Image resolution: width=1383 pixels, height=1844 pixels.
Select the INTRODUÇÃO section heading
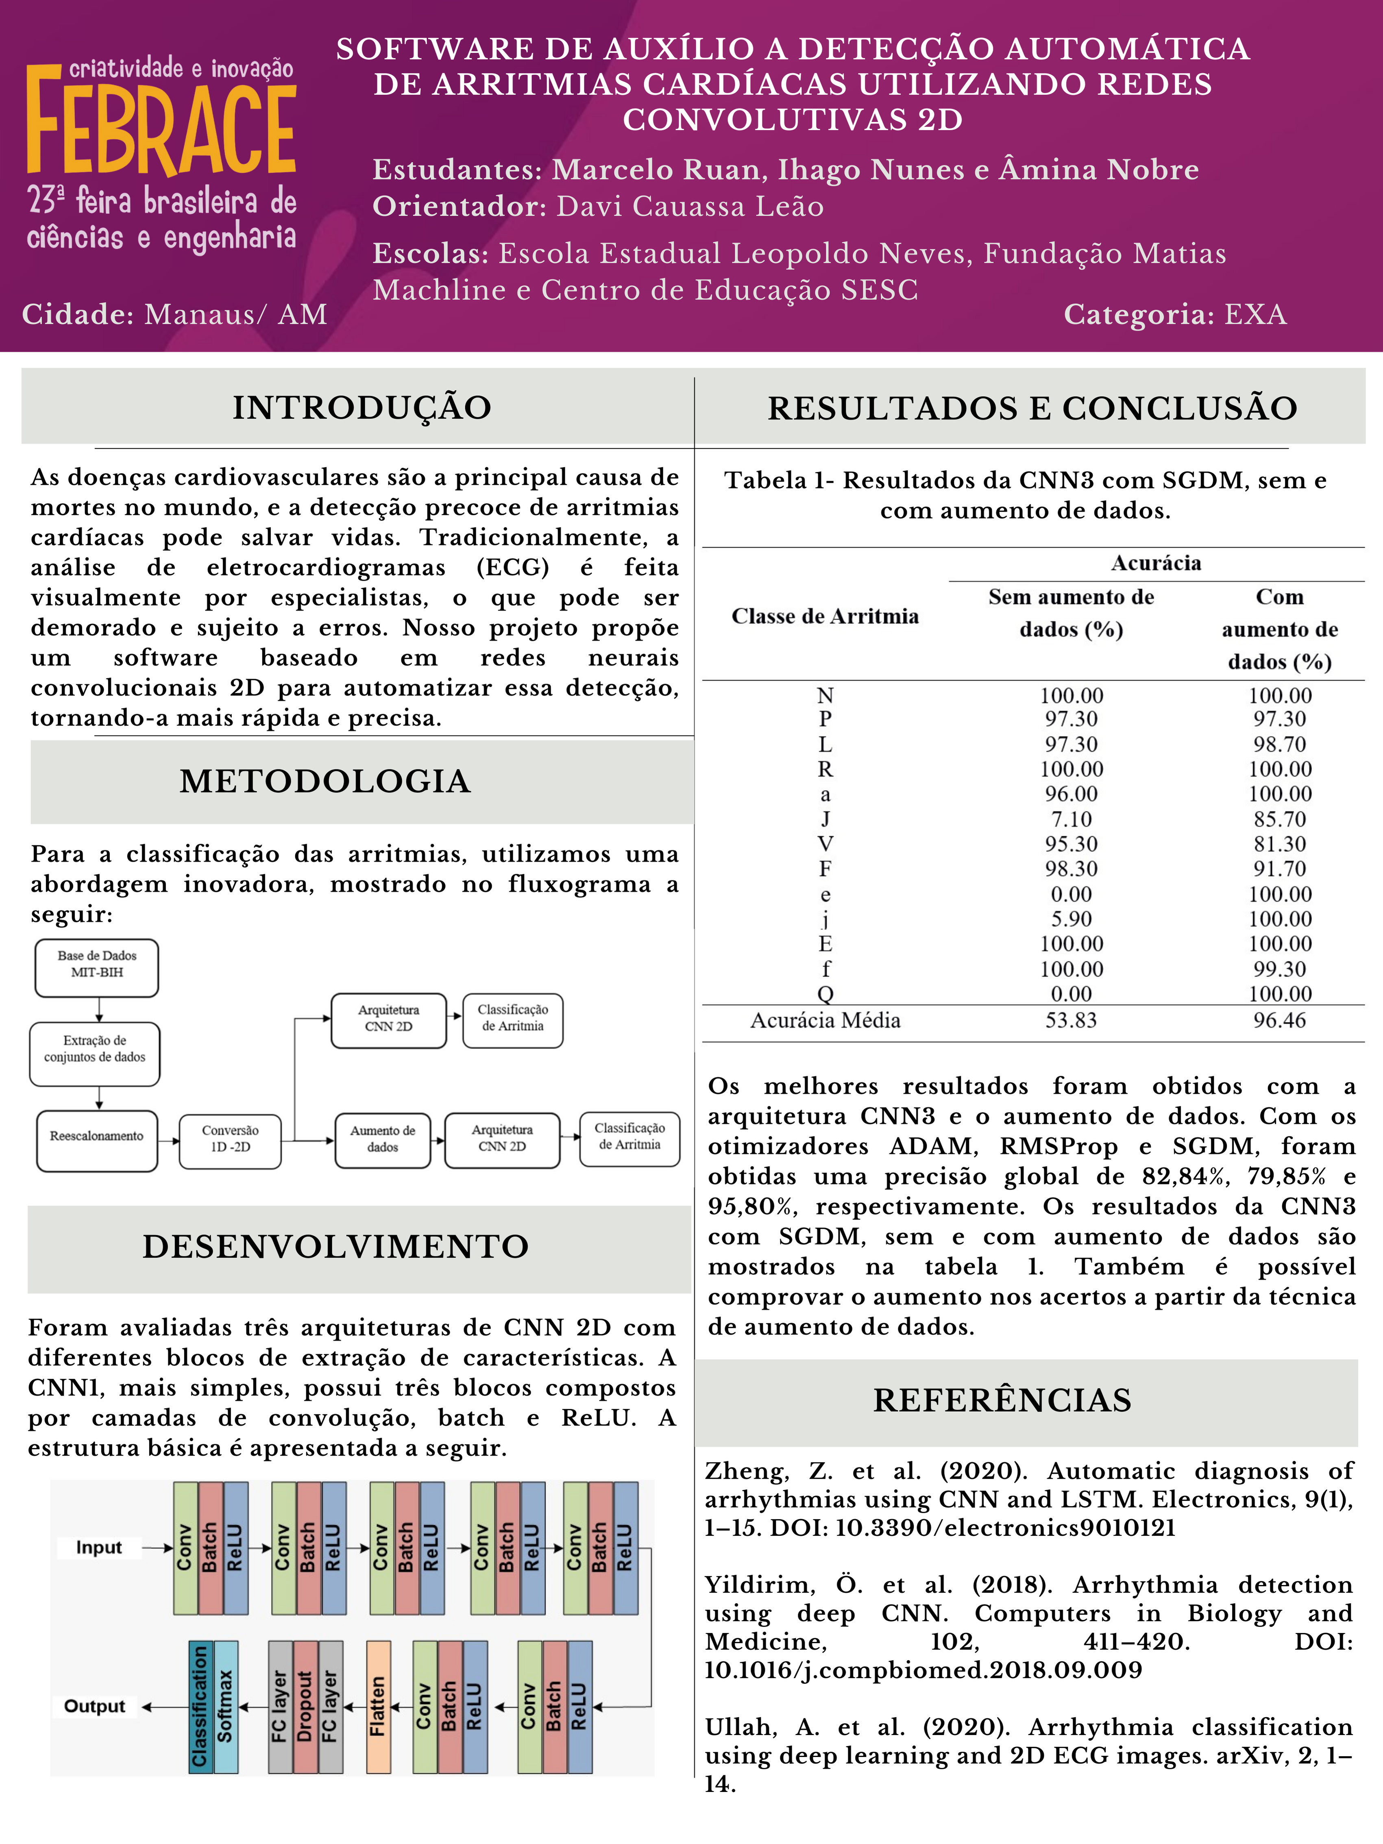pyautogui.click(x=362, y=408)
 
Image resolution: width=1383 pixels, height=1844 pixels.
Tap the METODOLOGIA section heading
pyautogui.click(x=325, y=781)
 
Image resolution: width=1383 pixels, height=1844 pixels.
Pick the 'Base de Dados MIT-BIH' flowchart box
pyautogui.click(x=97, y=968)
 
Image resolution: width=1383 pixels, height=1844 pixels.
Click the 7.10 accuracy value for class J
pyautogui.click(x=1071, y=819)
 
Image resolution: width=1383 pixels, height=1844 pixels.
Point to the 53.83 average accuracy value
pyautogui.click(x=1071, y=1020)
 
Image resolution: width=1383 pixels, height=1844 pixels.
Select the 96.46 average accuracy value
pyautogui.click(x=1280, y=1020)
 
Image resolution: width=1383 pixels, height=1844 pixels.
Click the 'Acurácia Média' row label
pyautogui.click(x=825, y=1020)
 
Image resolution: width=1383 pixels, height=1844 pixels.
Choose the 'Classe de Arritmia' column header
pyautogui.click(x=825, y=616)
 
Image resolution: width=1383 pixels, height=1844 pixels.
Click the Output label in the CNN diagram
pyautogui.click(x=95, y=1707)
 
